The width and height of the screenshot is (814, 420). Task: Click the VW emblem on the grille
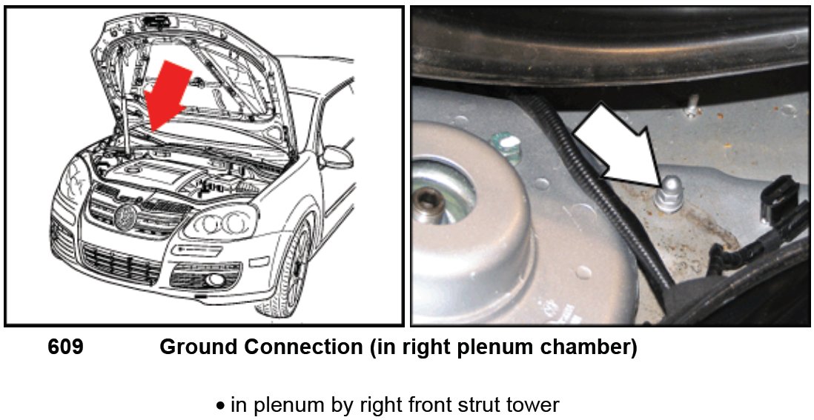124,216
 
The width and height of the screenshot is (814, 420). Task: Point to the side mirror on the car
335,157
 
